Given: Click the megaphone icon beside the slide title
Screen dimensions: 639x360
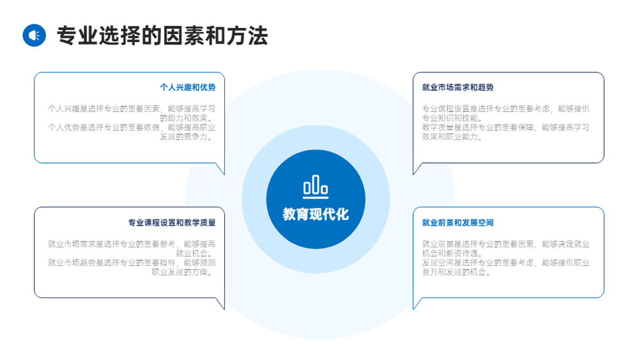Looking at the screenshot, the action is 35,35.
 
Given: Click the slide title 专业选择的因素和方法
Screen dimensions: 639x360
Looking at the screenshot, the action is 162,35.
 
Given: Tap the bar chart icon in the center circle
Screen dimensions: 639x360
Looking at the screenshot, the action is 316,187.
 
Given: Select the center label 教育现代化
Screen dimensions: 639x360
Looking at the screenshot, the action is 316,214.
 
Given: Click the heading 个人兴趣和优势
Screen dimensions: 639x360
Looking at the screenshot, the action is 188,87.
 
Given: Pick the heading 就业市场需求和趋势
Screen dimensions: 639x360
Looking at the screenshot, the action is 458,87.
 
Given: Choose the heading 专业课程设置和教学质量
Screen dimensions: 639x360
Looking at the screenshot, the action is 172,223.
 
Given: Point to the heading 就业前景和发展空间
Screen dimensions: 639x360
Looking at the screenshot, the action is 458,223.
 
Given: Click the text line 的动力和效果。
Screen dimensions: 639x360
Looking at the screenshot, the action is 187,118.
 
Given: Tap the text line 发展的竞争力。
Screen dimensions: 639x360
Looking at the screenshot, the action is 187,137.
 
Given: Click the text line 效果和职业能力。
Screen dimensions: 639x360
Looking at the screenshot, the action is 452,137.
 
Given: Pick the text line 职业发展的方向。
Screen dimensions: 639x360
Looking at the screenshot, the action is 184,272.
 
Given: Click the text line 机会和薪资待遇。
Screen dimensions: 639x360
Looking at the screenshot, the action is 452,253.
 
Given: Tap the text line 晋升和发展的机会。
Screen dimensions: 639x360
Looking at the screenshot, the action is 456,272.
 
